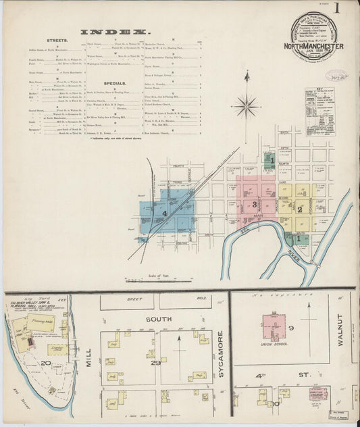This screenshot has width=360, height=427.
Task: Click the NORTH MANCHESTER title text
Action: [x=313, y=47]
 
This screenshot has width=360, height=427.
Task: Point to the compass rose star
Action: [x=246, y=106]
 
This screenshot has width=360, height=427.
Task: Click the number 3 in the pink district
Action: [x=254, y=204]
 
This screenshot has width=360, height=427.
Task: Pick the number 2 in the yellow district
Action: [x=299, y=209]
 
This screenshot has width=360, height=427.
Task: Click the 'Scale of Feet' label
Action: [x=158, y=276]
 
